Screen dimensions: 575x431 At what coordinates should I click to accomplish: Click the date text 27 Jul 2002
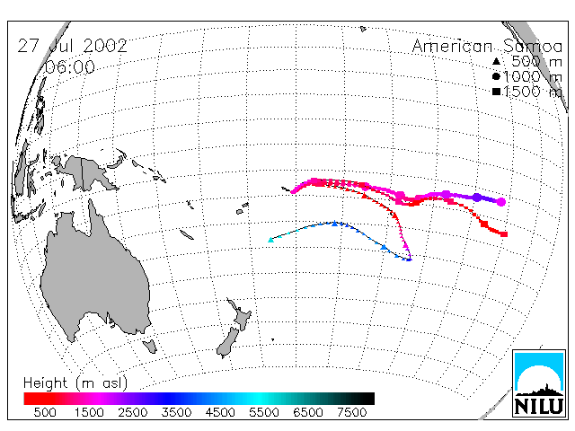pyautogui.click(x=72, y=46)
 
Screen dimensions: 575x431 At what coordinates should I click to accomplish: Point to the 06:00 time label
pyautogui.click(x=69, y=67)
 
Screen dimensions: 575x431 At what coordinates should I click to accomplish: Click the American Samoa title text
pyautogui.click(x=487, y=46)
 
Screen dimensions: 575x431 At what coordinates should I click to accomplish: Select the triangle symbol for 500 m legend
pyautogui.click(x=496, y=61)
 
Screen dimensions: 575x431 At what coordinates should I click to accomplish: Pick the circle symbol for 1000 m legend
pyautogui.click(x=496, y=76)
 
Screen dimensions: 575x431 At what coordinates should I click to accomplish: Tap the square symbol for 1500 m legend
pyautogui.click(x=496, y=92)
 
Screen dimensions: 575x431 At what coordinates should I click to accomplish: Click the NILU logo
pyautogui.click(x=539, y=383)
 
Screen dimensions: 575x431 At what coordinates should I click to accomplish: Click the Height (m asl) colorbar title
pyautogui.click(x=75, y=383)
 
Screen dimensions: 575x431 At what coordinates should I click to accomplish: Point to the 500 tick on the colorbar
pyautogui.click(x=45, y=412)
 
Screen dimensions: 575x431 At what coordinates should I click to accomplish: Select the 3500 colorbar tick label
pyautogui.click(x=176, y=412)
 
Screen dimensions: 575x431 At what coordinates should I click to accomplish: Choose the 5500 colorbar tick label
pyautogui.click(x=264, y=412)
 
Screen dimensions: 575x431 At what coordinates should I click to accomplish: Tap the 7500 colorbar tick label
pyautogui.click(x=351, y=412)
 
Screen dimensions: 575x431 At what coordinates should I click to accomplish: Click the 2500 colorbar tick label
pyautogui.click(x=133, y=412)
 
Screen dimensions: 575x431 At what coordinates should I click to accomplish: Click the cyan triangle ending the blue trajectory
pyautogui.click(x=271, y=240)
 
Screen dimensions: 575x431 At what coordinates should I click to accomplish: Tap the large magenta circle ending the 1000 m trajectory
pyautogui.click(x=501, y=202)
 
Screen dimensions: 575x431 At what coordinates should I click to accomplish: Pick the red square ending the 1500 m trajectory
pyautogui.click(x=504, y=234)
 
